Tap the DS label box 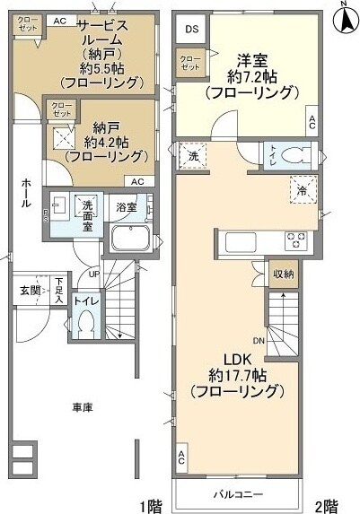pos(191,30)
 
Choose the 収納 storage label pos(282,274)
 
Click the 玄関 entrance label pos(30,290)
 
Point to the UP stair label pos(92,274)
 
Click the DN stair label pos(258,340)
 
